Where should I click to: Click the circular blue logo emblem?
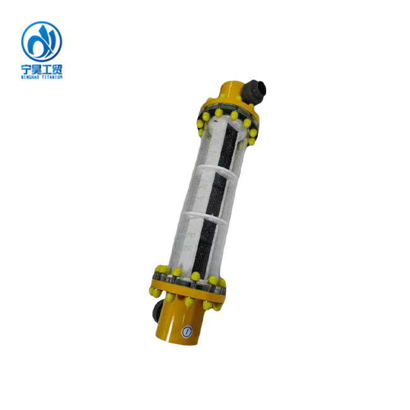pyautogui.click(x=42, y=41)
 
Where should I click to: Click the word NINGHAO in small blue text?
pyautogui.click(x=30, y=77)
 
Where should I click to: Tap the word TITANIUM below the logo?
pyautogui.click(x=52, y=77)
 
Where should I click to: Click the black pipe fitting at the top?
pyautogui.click(x=254, y=91)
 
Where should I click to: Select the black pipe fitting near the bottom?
pyautogui.click(x=157, y=310)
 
